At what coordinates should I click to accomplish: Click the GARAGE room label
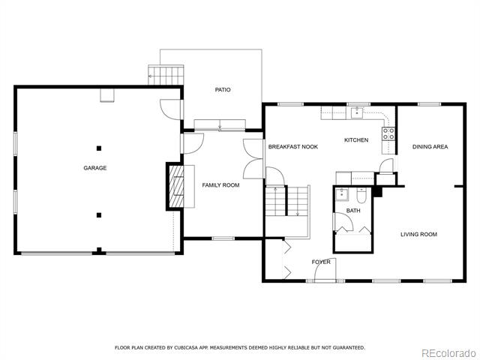pos(95,168)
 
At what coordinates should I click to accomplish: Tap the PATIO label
pos(223,90)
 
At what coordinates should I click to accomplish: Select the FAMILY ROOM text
pos(220,185)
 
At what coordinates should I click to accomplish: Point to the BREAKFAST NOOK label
pos(293,147)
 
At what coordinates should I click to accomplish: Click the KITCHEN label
pos(356,140)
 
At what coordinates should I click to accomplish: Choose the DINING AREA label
pos(430,147)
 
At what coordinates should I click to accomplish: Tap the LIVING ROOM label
pos(418,234)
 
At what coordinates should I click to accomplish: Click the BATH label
pos(353,211)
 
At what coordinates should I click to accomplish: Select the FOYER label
pos(321,262)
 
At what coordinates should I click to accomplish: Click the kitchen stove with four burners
pos(388,134)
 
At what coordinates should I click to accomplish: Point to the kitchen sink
pos(357,112)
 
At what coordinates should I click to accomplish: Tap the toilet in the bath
pos(361,195)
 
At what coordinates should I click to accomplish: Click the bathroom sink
pos(342,195)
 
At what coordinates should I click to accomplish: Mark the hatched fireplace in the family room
pos(177,186)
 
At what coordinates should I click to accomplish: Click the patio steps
pos(166,75)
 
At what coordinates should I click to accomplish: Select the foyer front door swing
pos(325,269)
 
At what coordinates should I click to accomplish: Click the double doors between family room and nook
pos(253,158)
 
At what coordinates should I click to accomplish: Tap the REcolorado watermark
pos(449,353)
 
